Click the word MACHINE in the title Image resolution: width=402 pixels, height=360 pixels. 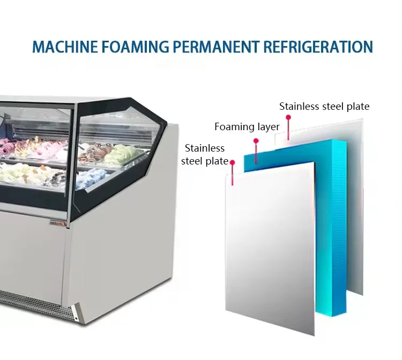pyautogui.click(x=65, y=47)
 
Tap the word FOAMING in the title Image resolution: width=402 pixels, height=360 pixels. pyautogui.click(x=135, y=47)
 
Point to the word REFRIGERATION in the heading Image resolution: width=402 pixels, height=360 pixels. pyautogui.click(x=317, y=47)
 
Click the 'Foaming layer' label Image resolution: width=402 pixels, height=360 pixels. pyautogui.click(x=247, y=127)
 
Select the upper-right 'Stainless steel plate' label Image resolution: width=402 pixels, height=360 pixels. pyautogui.click(x=324, y=107)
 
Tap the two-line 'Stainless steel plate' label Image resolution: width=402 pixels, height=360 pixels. pyautogui.click(x=205, y=154)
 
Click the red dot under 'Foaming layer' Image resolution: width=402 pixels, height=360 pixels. pyautogui.click(x=256, y=141)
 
